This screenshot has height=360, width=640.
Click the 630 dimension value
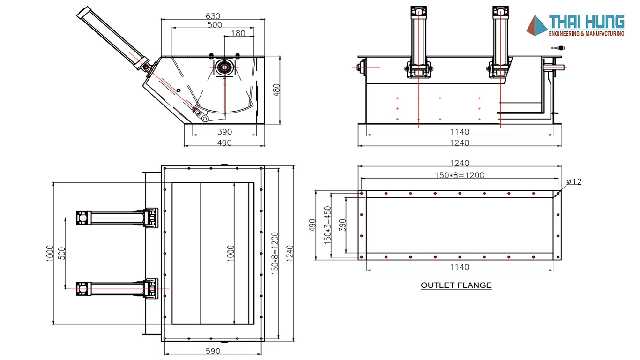point(213,16)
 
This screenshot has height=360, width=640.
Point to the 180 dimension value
point(238,33)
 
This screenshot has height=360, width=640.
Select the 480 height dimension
point(276,90)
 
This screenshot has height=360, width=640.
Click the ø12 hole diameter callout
point(574,181)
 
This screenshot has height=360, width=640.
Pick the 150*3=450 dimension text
point(328,224)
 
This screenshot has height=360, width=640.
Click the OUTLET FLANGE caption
point(456,285)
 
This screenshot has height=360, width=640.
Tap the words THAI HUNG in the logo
point(587,22)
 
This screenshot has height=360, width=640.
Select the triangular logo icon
point(537,25)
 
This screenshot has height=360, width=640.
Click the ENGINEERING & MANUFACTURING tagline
point(586,34)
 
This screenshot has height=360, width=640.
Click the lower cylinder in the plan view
point(115,287)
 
